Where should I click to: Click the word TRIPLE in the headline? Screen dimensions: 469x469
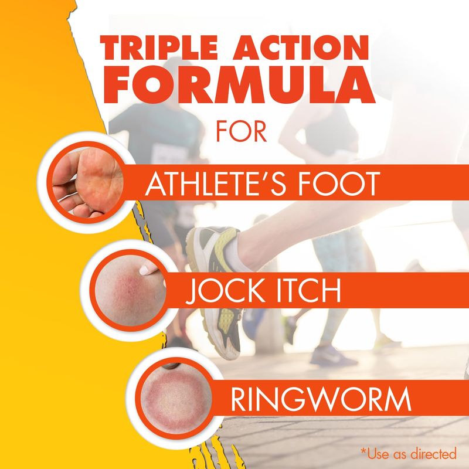(158, 48)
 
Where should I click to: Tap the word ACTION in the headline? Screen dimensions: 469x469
(301, 48)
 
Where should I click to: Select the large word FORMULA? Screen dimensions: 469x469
(239, 84)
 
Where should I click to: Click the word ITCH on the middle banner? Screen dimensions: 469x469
(309, 291)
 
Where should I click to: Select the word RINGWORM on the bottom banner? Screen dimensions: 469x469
(321, 399)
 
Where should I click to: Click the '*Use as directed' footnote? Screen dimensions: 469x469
(409, 453)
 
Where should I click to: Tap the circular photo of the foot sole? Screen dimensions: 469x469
(87, 182)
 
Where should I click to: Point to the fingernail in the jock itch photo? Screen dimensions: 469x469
(145, 270)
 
